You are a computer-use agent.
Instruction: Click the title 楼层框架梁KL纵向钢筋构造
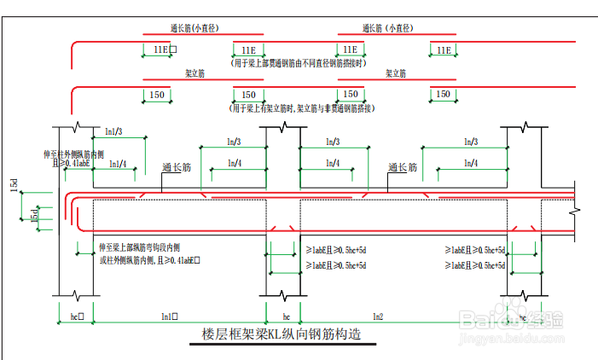pyautogui.click(x=282, y=334)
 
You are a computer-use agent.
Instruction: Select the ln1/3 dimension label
pyautogui.click(x=113, y=131)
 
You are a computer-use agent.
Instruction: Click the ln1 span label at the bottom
pyautogui.click(x=169, y=316)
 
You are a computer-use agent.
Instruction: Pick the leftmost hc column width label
pyautogui.click(x=75, y=316)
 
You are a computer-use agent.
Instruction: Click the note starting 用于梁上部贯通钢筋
pyautogui.click(x=301, y=63)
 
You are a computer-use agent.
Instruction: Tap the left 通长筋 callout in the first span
pyautogui.click(x=178, y=168)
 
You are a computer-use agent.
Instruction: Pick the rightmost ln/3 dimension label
pyautogui.click(x=470, y=142)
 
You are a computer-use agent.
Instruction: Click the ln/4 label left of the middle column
pyautogui.click(x=233, y=163)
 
